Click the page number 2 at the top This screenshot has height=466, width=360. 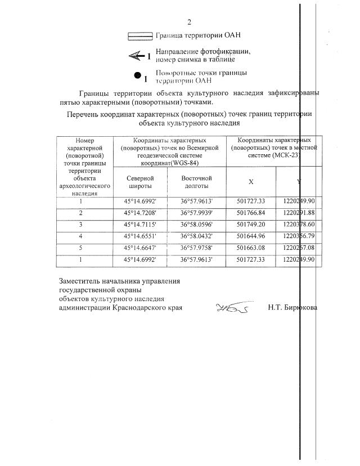tap(190, 23)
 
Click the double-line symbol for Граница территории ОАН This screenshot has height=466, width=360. tap(141, 36)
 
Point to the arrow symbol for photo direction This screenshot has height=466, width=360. tap(136, 55)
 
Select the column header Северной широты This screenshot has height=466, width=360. tap(141, 181)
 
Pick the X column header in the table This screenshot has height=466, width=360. tap(251, 181)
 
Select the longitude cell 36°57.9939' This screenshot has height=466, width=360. tap(196, 212)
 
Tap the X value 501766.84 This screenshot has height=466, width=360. tap(251, 212)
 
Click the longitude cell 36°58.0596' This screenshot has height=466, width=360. tap(196, 223)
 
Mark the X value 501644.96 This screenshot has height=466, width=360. tap(251, 235)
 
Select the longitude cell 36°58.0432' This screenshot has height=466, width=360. tap(196, 235)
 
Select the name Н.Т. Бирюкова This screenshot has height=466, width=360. tap(292, 308)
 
